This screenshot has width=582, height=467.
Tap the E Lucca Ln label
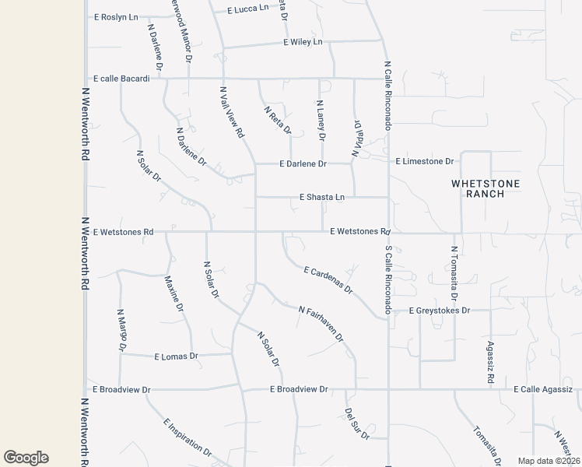point(247,9)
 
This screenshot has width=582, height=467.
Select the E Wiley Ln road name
point(303,42)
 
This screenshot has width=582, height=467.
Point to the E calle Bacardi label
point(121,79)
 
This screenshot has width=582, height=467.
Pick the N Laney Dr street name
point(320,120)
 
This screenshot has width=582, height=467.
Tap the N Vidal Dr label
point(357,139)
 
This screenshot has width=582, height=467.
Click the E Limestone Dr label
point(424,162)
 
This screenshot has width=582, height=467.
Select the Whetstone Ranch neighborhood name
point(485,188)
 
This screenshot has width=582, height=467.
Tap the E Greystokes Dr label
point(440,311)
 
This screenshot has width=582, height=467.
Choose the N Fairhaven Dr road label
point(321,325)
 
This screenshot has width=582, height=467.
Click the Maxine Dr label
point(174,294)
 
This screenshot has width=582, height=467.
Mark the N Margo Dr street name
point(121,331)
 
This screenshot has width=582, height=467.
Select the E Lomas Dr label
point(177,356)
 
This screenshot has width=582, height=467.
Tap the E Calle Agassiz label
point(542,389)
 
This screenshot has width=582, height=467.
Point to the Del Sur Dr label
point(357,424)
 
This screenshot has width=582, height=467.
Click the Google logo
point(26,458)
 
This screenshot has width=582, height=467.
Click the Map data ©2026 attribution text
point(549,461)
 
